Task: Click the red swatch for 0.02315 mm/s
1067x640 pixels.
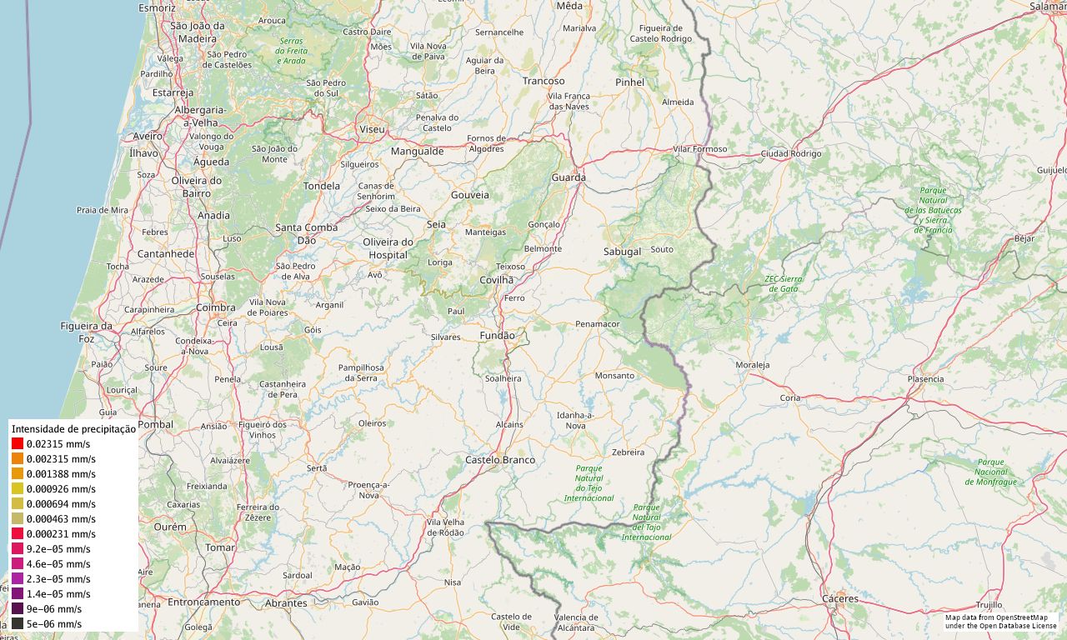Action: (x=18, y=444)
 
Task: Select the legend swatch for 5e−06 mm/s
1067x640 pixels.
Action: (x=18, y=624)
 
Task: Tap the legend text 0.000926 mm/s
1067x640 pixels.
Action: (x=61, y=489)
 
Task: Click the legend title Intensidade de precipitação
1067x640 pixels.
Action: (x=73, y=428)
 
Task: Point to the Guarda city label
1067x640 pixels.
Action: (x=569, y=177)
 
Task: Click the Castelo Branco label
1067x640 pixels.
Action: (x=500, y=460)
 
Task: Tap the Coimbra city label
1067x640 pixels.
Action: (x=216, y=307)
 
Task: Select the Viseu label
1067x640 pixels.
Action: (x=372, y=130)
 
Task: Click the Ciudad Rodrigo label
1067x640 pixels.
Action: (x=791, y=154)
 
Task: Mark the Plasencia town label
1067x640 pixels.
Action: (x=925, y=379)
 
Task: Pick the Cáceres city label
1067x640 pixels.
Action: (x=839, y=599)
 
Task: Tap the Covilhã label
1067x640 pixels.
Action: (x=497, y=280)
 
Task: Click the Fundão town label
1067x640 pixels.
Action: (x=498, y=336)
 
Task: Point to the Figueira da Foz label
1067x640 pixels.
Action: (x=86, y=332)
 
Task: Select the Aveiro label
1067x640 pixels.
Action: (x=148, y=136)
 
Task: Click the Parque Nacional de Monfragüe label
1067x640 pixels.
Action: (x=991, y=472)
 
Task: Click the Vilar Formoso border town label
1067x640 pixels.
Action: (x=700, y=149)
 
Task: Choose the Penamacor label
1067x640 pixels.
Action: (x=598, y=323)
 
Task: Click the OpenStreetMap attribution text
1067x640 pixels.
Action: (x=1000, y=622)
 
